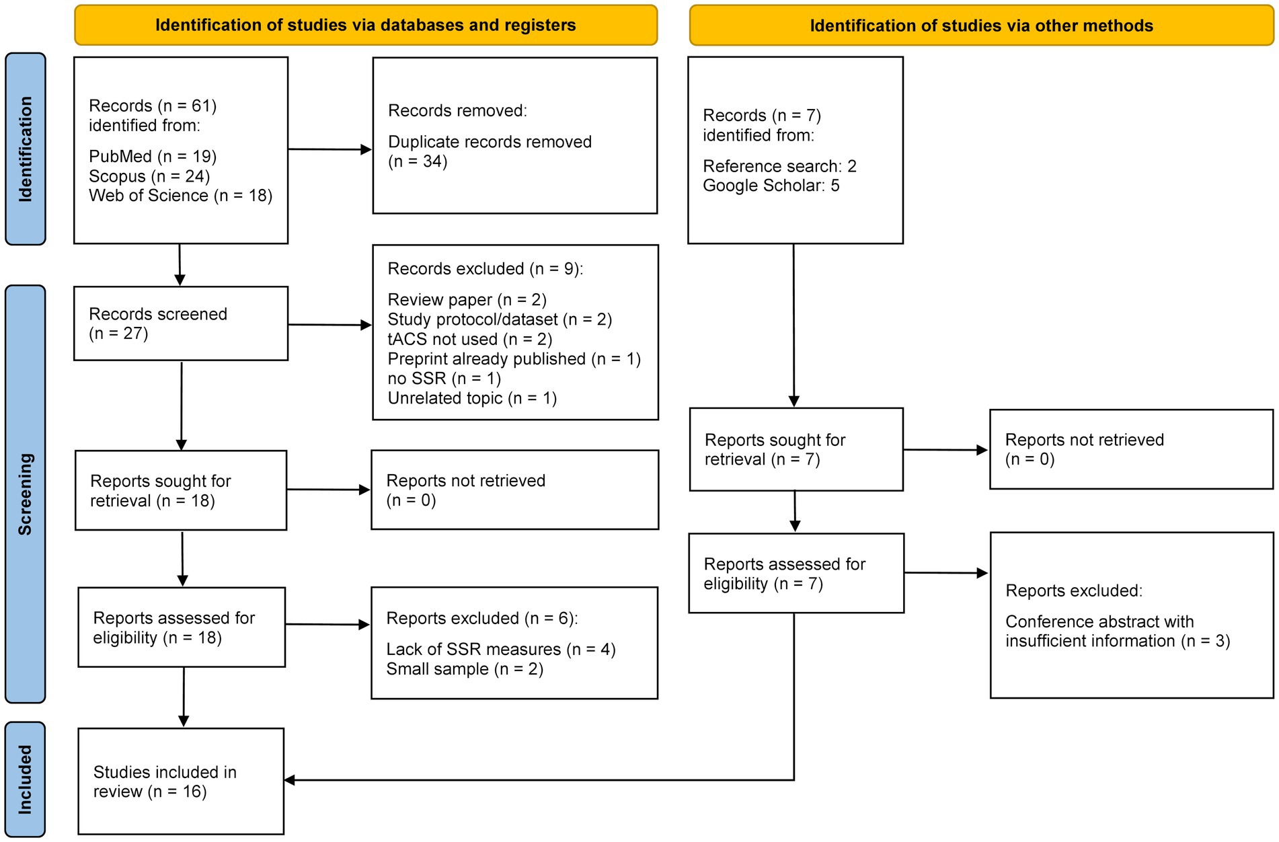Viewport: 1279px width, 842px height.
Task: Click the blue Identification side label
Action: click(26, 149)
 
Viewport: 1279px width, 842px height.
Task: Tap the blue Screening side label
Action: click(26, 494)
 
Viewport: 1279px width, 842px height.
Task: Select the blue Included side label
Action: click(26, 779)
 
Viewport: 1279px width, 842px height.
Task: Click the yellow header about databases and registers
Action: click(365, 26)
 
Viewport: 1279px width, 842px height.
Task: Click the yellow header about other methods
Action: click(981, 26)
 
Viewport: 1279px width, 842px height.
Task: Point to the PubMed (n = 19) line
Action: click(153, 157)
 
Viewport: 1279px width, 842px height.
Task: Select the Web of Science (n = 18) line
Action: click(180, 196)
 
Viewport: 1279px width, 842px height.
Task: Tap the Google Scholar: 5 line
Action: click(771, 186)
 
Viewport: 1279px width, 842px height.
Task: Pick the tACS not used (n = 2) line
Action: click(469, 340)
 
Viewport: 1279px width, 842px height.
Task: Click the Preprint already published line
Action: click(514, 359)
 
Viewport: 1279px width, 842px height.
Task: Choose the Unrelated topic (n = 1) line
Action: click(472, 398)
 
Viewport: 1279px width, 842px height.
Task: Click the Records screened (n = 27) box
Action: click(180, 323)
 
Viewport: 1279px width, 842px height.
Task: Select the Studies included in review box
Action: click(180, 781)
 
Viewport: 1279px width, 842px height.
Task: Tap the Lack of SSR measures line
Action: click(500, 650)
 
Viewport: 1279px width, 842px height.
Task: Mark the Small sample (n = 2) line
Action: click(464, 669)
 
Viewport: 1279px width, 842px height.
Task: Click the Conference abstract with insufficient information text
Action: click(1117, 631)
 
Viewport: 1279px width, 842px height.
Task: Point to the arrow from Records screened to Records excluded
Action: click(330, 326)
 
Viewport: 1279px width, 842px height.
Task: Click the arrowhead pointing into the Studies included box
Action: click(290, 780)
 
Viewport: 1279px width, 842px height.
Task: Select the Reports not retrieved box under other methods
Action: click(1131, 449)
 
